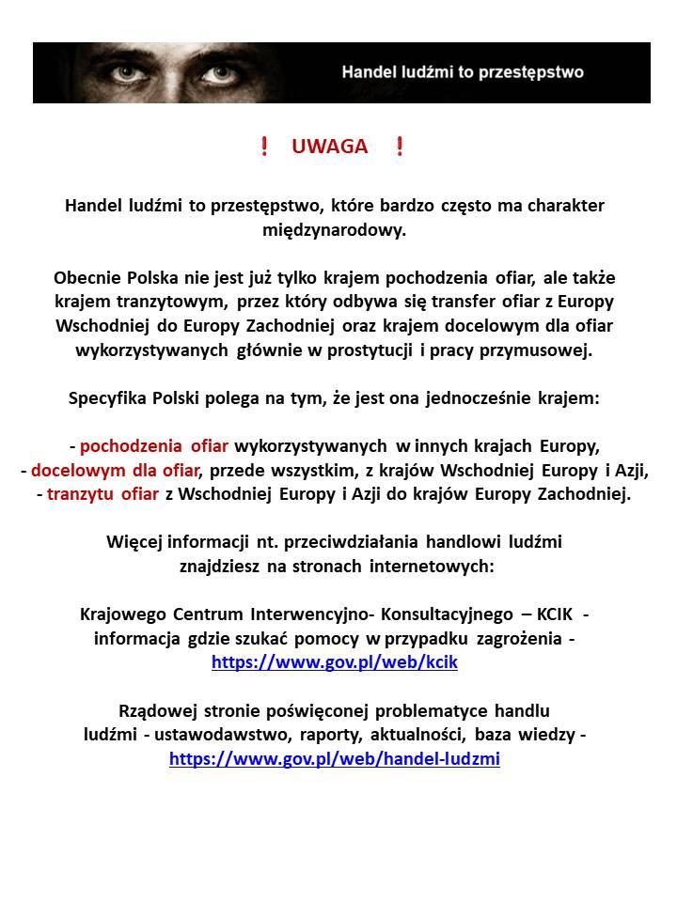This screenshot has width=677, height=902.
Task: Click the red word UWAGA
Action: point(329,147)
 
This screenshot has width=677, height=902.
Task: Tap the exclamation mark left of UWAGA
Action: point(264,147)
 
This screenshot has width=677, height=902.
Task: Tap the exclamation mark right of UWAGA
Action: point(400,147)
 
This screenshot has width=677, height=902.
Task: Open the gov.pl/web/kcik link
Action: point(335,662)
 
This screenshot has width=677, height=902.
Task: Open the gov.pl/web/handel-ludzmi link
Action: point(335,758)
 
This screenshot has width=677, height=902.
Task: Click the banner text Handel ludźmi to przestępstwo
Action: point(462,72)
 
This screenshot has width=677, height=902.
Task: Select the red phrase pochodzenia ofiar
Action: point(154,445)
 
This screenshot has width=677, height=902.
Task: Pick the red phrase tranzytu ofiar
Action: point(102,494)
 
